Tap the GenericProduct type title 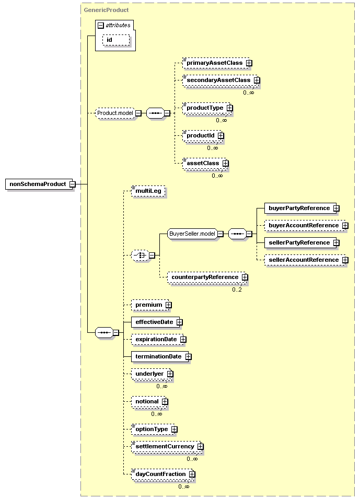point(106,10)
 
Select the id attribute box point(116,40)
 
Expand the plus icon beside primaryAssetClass point(249,63)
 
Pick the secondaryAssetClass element point(221,80)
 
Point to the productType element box point(207,108)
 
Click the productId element point(203,135)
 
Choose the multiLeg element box point(148,191)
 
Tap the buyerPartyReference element point(302,208)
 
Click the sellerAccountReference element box point(306,260)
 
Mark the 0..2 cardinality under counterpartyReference point(237,289)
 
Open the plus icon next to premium point(168,305)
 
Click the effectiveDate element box point(157,322)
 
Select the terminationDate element point(161,357)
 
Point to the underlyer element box point(152,374)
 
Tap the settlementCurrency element point(167,447)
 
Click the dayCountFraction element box point(163,474)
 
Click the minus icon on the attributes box point(101,26)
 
